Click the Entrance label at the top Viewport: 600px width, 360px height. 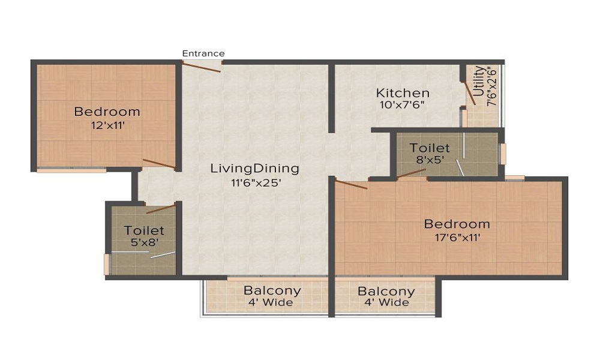tap(203, 53)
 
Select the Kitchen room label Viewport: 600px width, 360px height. tap(403, 93)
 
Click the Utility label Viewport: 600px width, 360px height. tap(478, 82)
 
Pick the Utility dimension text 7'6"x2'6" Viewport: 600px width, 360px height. tap(492, 87)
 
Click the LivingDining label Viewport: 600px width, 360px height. tap(254, 169)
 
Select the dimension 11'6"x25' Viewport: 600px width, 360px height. tap(254, 183)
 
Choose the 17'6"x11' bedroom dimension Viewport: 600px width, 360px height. tap(457, 237)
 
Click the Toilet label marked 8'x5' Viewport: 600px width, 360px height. tap(430, 148)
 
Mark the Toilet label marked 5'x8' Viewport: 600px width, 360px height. tap(144, 230)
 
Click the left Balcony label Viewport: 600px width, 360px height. tap(272, 291)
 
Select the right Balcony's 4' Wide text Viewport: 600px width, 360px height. tap(386, 302)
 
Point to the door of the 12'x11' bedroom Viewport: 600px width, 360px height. tap(159, 164)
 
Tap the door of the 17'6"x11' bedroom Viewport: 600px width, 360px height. tap(351, 184)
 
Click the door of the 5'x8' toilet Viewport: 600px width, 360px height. tap(161, 208)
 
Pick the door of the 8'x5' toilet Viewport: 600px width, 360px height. tap(412, 173)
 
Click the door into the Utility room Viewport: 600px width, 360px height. tap(471, 94)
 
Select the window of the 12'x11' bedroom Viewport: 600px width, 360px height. tap(71, 170)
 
